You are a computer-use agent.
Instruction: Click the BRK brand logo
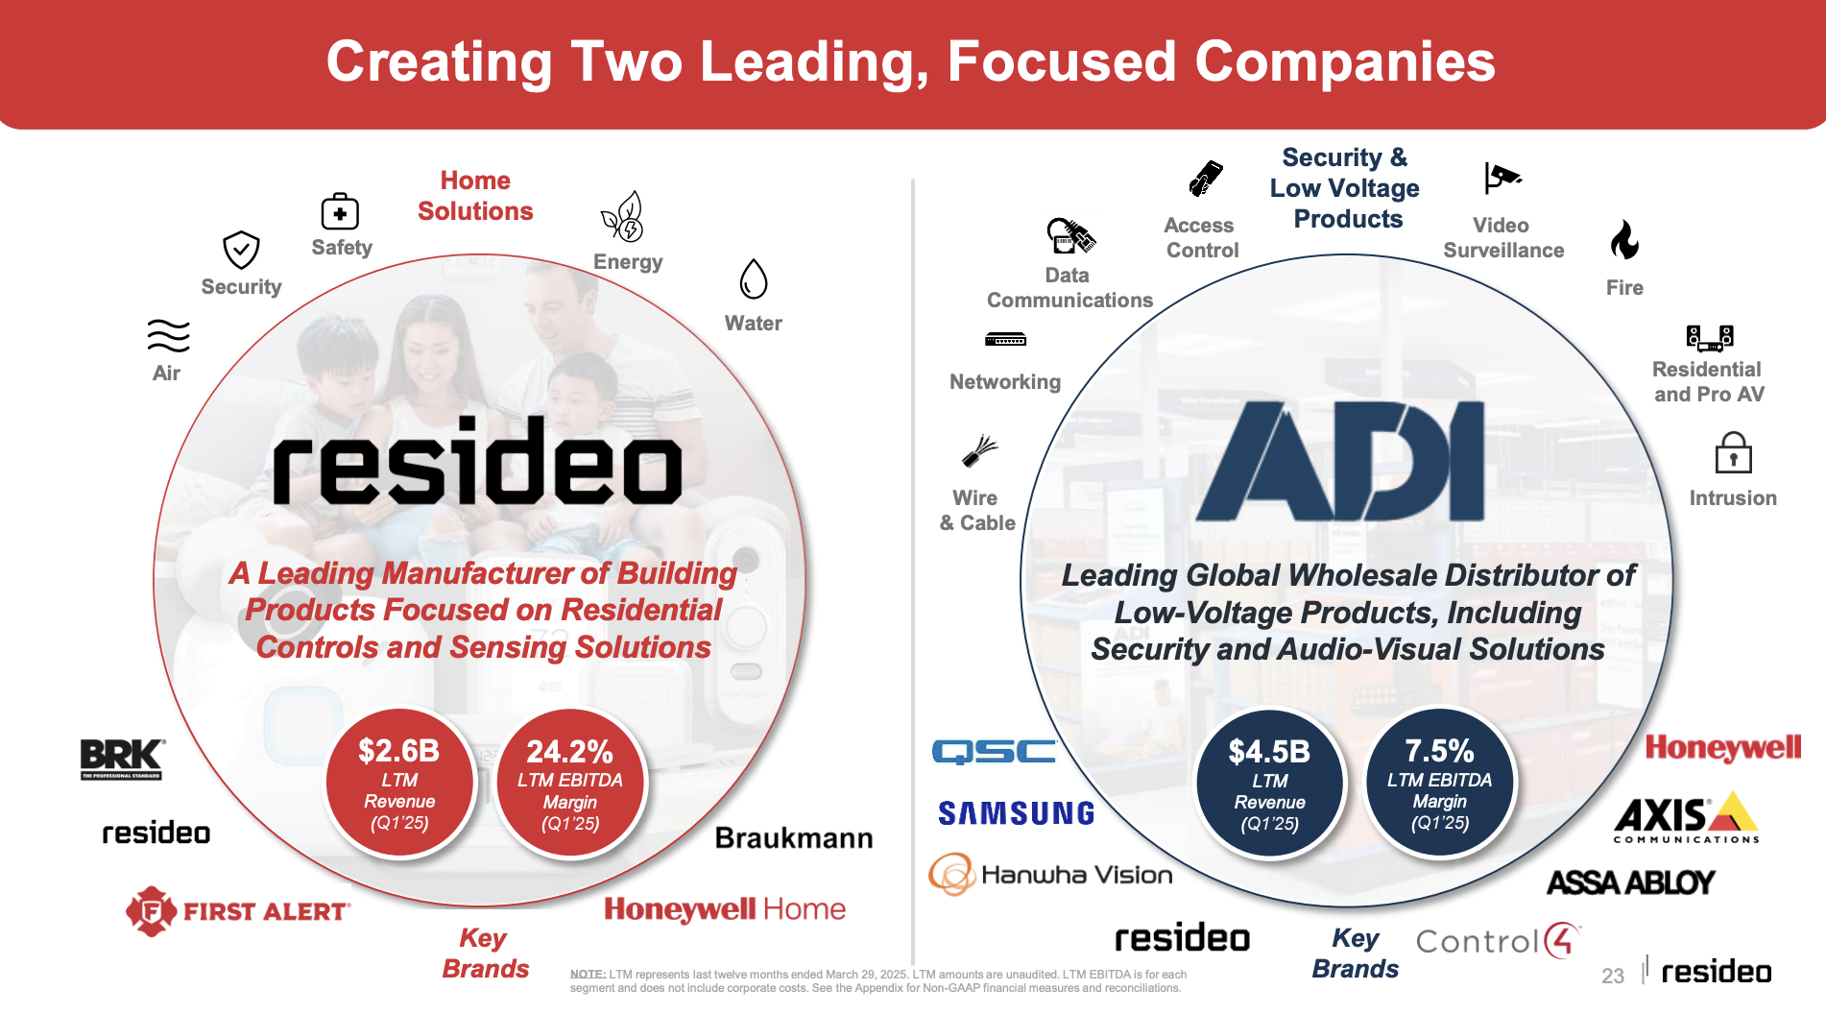click(122, 759)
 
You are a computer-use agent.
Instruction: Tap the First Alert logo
click(238, 910)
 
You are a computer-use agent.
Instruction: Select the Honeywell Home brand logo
click(725, 909)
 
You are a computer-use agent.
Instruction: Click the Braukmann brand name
click(794, 838)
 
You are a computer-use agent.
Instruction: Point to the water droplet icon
click(754, 279)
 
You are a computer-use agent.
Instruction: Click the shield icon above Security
click(241, 250)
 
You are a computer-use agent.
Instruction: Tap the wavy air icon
click(168, 336)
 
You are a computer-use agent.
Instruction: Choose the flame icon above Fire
click(1624, 240)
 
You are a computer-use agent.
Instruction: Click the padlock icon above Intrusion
click(1733, 452)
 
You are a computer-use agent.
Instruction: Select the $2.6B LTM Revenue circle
click(399, 783)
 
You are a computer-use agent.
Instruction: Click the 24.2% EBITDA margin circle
click(570, 783)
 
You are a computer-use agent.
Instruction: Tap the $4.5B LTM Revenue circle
click(1269, 783)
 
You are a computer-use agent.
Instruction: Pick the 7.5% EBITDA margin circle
click(1439, 783)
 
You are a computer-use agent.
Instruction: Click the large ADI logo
click(1340, 461)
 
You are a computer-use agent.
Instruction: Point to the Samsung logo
click(1016, 813)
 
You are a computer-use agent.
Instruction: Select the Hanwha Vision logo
click(1050, 874)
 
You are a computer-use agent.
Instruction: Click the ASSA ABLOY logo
click(1631, 881)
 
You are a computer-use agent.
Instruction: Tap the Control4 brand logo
click(1498, 941)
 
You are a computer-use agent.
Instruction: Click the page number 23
click(1613, 976)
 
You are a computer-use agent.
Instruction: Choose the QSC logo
click(994, 751)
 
